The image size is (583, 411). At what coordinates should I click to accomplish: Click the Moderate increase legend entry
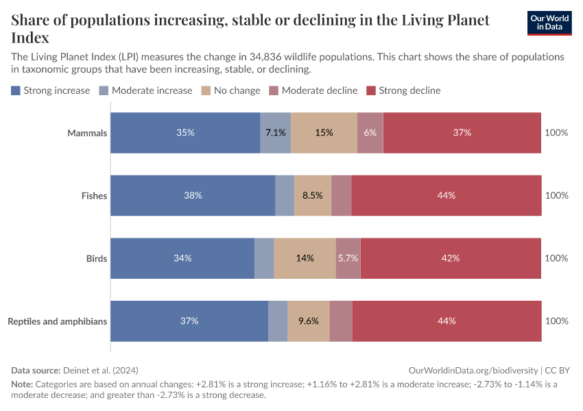[145, 90]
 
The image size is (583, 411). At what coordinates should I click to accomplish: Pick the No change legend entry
[230, 90]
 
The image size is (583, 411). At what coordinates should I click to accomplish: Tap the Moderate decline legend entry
[313, 90]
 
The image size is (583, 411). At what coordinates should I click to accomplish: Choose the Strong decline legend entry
[404, 90]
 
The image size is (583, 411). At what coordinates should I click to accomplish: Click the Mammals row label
[87, 133]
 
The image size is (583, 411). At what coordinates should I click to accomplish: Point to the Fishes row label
[94, 196]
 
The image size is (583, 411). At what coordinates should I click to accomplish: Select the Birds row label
[97, 258]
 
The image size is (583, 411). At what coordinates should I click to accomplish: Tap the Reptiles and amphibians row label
[58, 321]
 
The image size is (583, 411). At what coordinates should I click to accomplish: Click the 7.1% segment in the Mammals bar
[276, 133]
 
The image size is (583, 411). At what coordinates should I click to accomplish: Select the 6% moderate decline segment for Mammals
[370, 133]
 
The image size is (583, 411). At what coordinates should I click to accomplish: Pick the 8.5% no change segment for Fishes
[313, 196]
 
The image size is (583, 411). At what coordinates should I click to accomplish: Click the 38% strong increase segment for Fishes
[193, 196]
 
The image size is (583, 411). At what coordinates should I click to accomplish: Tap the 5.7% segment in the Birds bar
[348, 258]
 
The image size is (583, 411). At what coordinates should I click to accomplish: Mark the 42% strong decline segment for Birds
[451, 258]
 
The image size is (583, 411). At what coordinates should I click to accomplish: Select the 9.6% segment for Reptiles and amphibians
[309, 321]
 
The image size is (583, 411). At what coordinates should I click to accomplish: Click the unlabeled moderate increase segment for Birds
[264, 258]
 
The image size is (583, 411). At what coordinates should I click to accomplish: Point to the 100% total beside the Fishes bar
[556, 196]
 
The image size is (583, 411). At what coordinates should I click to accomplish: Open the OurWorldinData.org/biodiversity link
[473, 370]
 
